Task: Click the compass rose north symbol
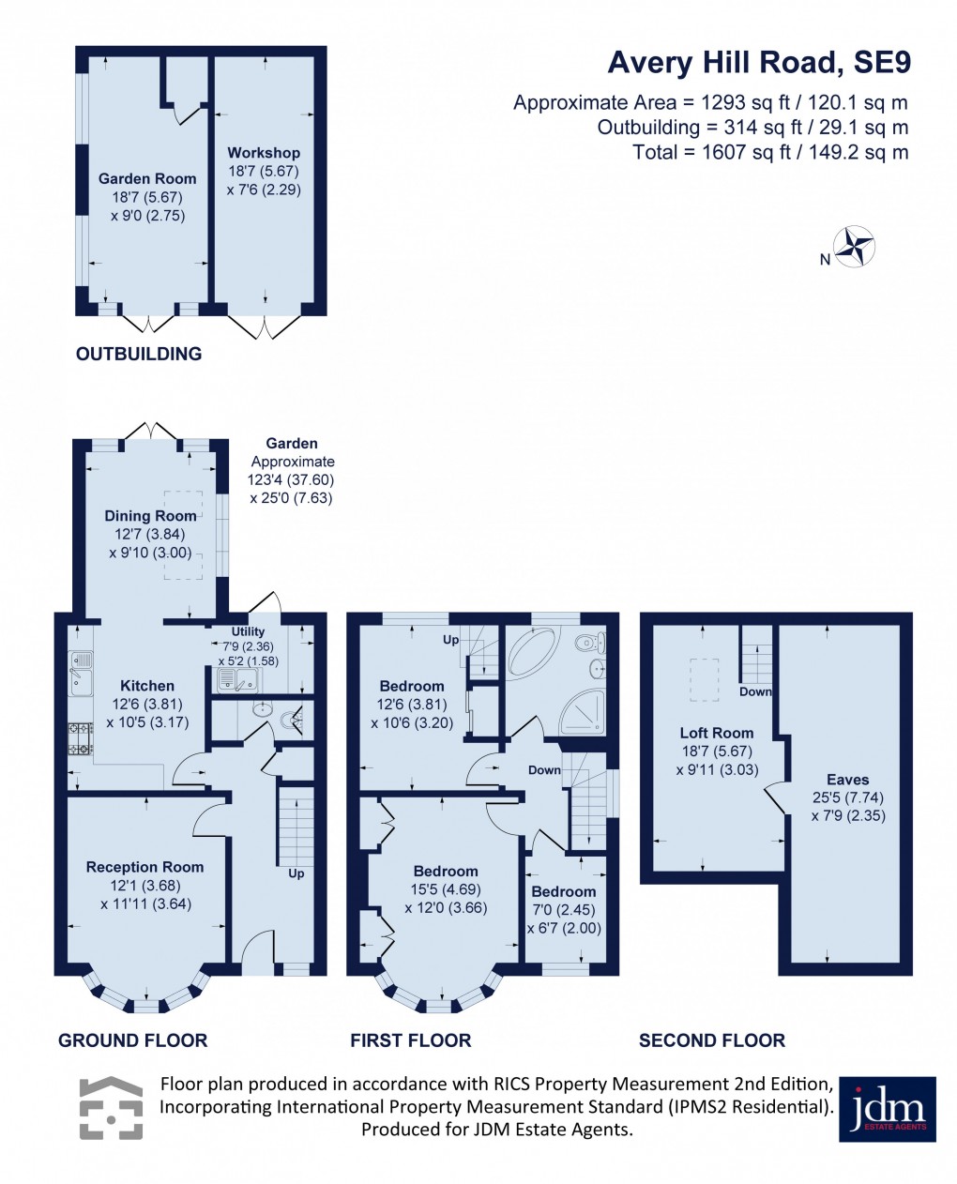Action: pyautogui.click(x=855, y=247)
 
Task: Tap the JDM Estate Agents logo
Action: pyautogui.click(x=887, y=1108)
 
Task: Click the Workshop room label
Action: pyautogui.click(x=264, y=152)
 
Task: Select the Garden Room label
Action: pyautogui.click(x=147, y=178)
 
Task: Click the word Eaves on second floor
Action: pyautogui.click(x=847, y=779)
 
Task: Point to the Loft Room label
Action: pyautogui.click(x=717, y=733)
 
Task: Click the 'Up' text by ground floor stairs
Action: pyautogui.click(x=296, y=873)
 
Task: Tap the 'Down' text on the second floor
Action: pyautogui.click(x=755, y=691)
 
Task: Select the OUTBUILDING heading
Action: pyautogui.click(x=139, y=354)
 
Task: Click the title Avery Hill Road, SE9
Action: pyautogui.click(x=759, y=63)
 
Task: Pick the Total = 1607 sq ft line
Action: pyautogui.click(x=770, y=152)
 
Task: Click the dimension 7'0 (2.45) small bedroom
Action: pyautogui.click(x=563, y=909)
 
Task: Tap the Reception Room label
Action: pyautogui.click(x=144, y=867)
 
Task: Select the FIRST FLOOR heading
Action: pyautogui.click(x=411, y=1040)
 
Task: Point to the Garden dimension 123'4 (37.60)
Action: pyautogui.click(x=291, y=479)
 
